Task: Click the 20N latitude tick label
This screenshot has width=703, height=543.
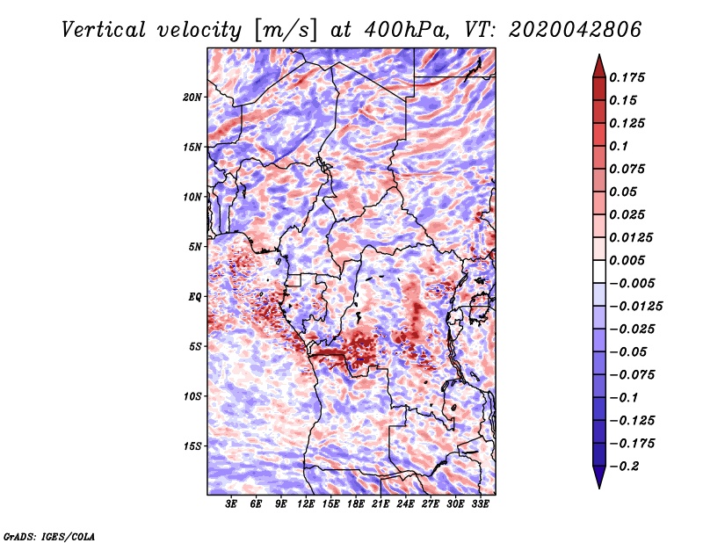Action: (192, 98)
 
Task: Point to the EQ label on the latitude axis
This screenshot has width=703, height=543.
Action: (195, 297)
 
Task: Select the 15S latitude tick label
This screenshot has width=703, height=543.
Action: (192, 446)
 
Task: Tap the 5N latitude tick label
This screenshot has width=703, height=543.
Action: (195, 247)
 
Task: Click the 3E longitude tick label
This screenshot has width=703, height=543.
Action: (231, 504)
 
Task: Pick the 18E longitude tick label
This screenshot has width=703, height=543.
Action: (356, 504)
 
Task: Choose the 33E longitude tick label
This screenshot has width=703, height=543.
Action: (480, 504)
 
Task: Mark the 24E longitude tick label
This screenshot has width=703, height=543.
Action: (405, 504)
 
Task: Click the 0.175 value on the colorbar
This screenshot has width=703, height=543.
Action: (627, 77)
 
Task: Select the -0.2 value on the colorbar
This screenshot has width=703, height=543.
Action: (624, 467)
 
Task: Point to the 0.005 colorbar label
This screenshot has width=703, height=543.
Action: (627, 260)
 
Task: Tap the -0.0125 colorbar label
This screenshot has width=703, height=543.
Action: (635, 307)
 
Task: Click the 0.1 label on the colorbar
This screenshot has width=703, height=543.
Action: (619, 146)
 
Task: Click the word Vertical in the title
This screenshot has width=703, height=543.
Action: (104, 30)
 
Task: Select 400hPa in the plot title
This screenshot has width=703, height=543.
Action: (406, 30)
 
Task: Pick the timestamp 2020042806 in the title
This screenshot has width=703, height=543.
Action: (576, 30)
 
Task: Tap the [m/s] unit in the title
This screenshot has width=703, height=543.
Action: (286, 30)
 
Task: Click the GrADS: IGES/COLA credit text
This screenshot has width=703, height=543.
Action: (49, 537)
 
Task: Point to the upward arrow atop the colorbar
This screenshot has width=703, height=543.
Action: (599, 66)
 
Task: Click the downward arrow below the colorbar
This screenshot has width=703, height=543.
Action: (599, 477)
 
